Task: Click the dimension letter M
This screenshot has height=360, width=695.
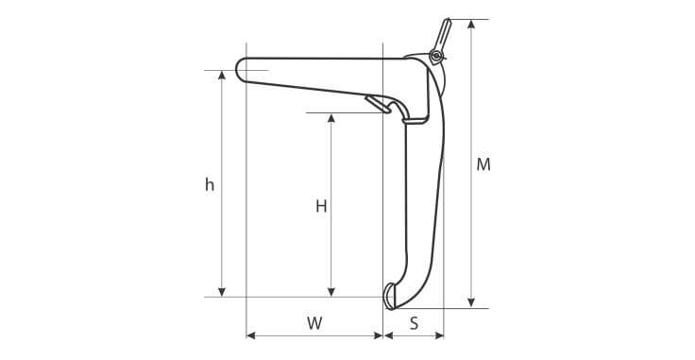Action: [483, 164]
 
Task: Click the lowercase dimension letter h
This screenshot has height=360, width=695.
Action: [210, 184]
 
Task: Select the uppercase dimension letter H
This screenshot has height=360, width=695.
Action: [321, 206]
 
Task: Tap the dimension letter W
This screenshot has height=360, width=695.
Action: [314, 323]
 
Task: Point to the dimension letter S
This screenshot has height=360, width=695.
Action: [414, 323]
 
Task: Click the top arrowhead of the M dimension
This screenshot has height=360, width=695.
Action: [471, 24]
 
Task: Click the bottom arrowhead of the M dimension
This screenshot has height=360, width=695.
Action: [471, 303]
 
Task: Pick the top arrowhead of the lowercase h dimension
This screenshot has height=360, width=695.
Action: [222, 75]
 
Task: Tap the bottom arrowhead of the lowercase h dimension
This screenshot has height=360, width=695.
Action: [222, 292]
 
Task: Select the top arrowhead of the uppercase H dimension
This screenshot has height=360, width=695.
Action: [331, 117]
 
